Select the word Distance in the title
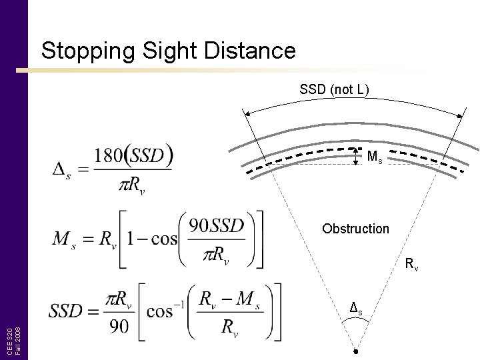pyautogui.click(x=251, y=51)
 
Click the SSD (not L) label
pyautogui.click(x=334, y=89)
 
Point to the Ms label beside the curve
pyautogui.click(x=375, y=157)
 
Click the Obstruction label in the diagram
pyautogui.click(x=355, y=229)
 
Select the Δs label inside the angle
pyautogui.click(x=357, y=309)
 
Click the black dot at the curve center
pyautogui.click(x=357, y=351)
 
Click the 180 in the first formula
pyautogui.click(x=108, y=156)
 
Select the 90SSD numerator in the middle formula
pyautogui.click(x=217, y=226)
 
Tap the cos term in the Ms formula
pyautogui.click(x=163, y=239)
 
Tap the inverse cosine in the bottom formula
pyautogui.click(x=172, y=310)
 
